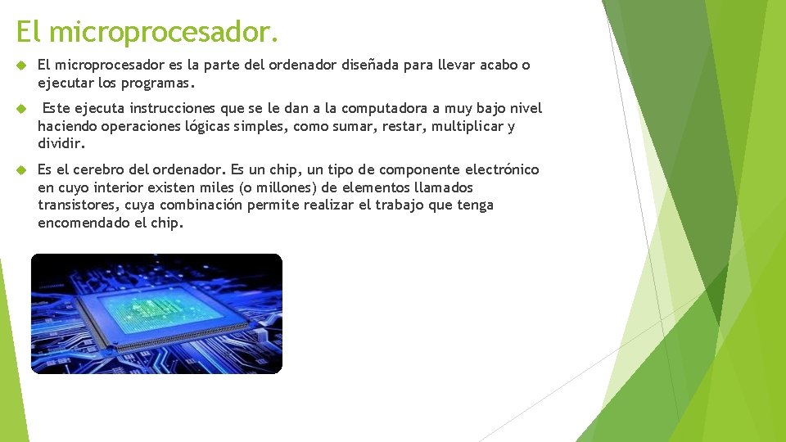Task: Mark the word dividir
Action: pos(61,144)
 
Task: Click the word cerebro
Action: pos(99,170)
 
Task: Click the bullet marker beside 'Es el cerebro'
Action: pos(21,170)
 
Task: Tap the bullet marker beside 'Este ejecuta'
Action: pos(21,109)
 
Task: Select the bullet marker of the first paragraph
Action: pos(21,65)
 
